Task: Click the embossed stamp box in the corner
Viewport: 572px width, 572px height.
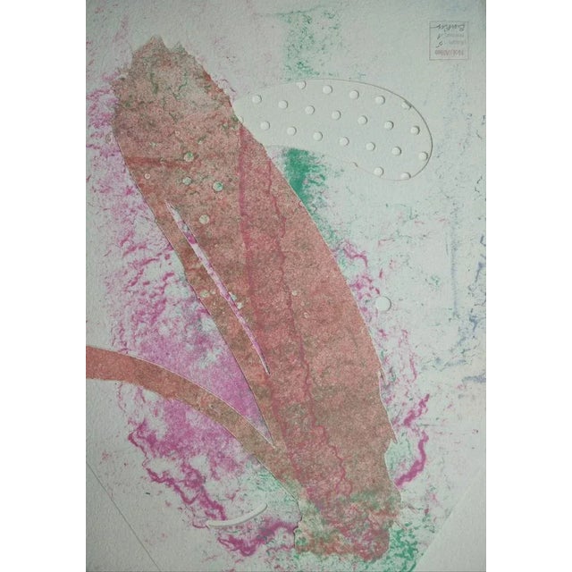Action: point(443,39)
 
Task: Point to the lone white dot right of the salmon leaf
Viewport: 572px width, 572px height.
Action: point(383,304)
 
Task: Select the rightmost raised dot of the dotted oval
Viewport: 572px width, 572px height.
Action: point(423,155)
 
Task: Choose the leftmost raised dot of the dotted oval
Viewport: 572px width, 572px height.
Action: point(258,99)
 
